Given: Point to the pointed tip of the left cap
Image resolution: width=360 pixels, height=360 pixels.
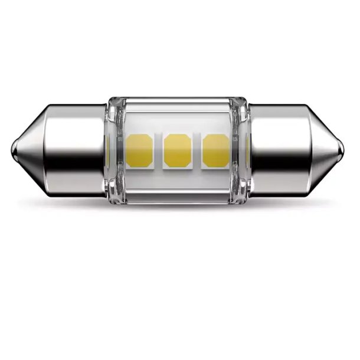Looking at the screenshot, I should pos(13,150).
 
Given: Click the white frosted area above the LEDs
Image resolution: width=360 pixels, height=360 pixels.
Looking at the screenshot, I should pos(177,118).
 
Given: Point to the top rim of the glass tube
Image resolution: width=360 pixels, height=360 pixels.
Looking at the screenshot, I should pos(177,99).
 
